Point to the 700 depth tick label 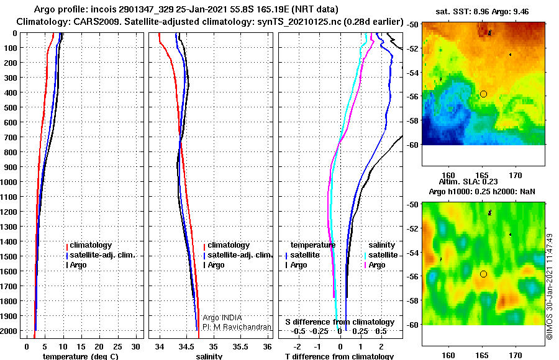(x=11, y=137)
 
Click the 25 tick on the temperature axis (x=117, y=347)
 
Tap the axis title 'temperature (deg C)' (x=81, y=356)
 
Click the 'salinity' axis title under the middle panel (x=209, y=356)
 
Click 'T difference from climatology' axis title (x=339, y=356)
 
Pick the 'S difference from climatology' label (x=340, y=322)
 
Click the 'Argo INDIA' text (x=222, y=318)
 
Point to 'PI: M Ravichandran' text (x=237, y=327)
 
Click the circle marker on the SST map (x=483, y=94)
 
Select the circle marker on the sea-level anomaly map (x=483, y=274)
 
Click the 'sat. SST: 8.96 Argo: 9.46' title (x=482, y=12)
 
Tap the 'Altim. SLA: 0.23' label (x=468, y=182)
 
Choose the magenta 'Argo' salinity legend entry (x=375, y=265)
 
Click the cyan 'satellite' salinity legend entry (x=381, y=255)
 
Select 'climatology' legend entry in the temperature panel (x=89, y=245)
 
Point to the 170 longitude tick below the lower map (x=516, y=356)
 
